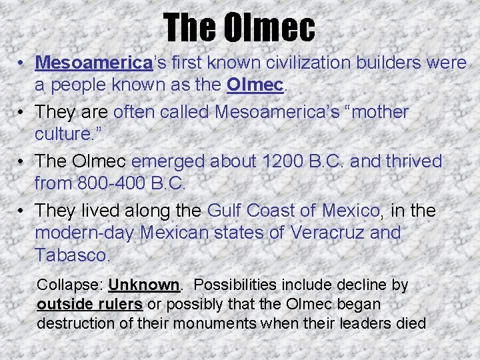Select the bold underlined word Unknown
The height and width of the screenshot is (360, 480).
(144, 285)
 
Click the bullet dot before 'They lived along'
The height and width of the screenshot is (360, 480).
(23, 211)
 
